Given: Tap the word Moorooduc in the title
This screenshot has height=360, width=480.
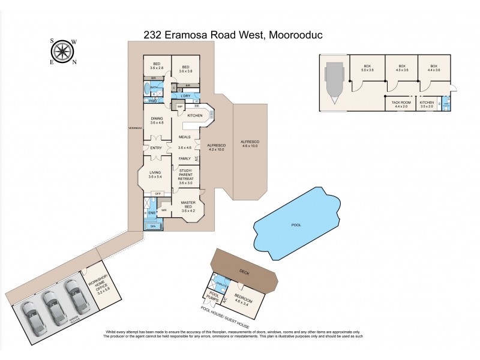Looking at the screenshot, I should (294, 35).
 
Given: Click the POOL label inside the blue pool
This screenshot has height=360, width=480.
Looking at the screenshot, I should (296, 225).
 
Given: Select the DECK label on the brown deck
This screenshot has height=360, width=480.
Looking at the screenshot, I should (242, 271).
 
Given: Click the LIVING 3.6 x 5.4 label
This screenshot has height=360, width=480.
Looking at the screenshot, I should (155, 175).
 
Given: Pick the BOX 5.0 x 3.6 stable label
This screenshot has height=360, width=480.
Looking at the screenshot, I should (367, 68).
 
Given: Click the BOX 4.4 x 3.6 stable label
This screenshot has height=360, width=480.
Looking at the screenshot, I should (433, 68).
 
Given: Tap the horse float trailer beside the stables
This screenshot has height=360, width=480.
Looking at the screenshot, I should (333, 83).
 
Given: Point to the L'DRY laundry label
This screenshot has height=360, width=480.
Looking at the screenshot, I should (185, 96).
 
